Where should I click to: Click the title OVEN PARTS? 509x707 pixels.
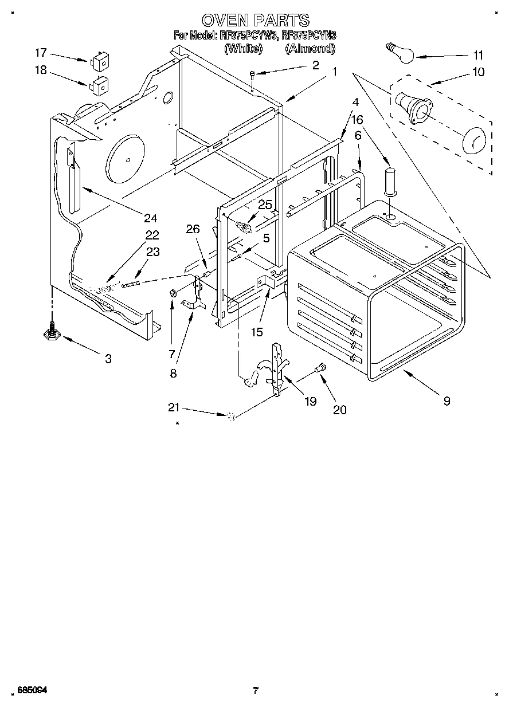(256, 21)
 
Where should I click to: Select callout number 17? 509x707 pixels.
(40, 53)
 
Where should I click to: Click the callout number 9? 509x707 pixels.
(446, 401)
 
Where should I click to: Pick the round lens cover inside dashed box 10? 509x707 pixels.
(473, 141)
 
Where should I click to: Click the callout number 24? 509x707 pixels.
(150, 218)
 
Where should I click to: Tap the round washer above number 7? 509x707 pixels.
(172, 294)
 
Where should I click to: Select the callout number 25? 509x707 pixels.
(265, 205)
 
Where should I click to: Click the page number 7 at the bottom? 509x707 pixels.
(256, 690)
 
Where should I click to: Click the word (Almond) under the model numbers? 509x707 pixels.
(310, 49)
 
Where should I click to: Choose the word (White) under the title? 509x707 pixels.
(244, 49)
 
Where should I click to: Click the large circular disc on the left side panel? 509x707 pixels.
(127, 158)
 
